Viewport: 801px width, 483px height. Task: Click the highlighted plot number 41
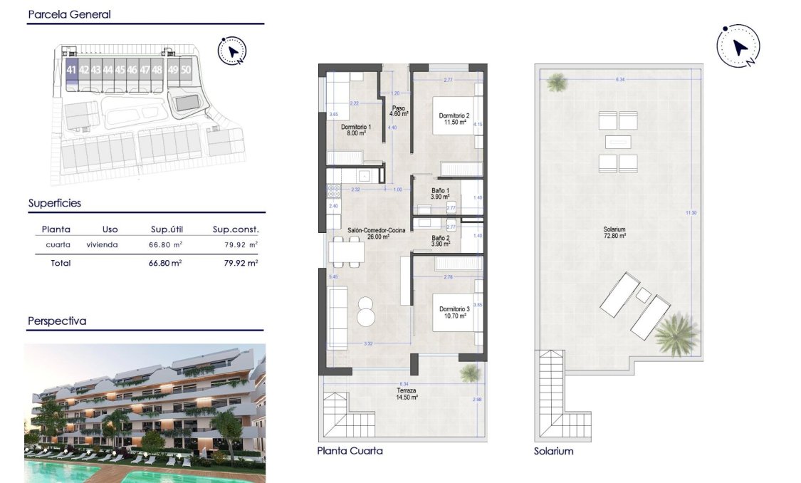70,70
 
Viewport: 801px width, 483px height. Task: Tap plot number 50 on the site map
186,70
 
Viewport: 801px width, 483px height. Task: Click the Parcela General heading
69,14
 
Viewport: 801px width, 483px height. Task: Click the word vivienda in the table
103,245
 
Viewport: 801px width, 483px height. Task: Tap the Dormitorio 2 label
453,119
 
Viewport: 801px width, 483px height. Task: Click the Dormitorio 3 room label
454,313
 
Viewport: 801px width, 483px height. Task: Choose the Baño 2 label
441,241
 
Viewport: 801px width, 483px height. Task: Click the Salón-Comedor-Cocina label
377,234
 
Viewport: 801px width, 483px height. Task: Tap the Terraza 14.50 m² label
407,394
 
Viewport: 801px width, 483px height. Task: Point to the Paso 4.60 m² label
398,111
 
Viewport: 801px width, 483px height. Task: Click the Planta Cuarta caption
350,451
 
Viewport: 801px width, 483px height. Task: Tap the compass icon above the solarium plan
738,48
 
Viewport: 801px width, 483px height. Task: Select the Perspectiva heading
57,321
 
